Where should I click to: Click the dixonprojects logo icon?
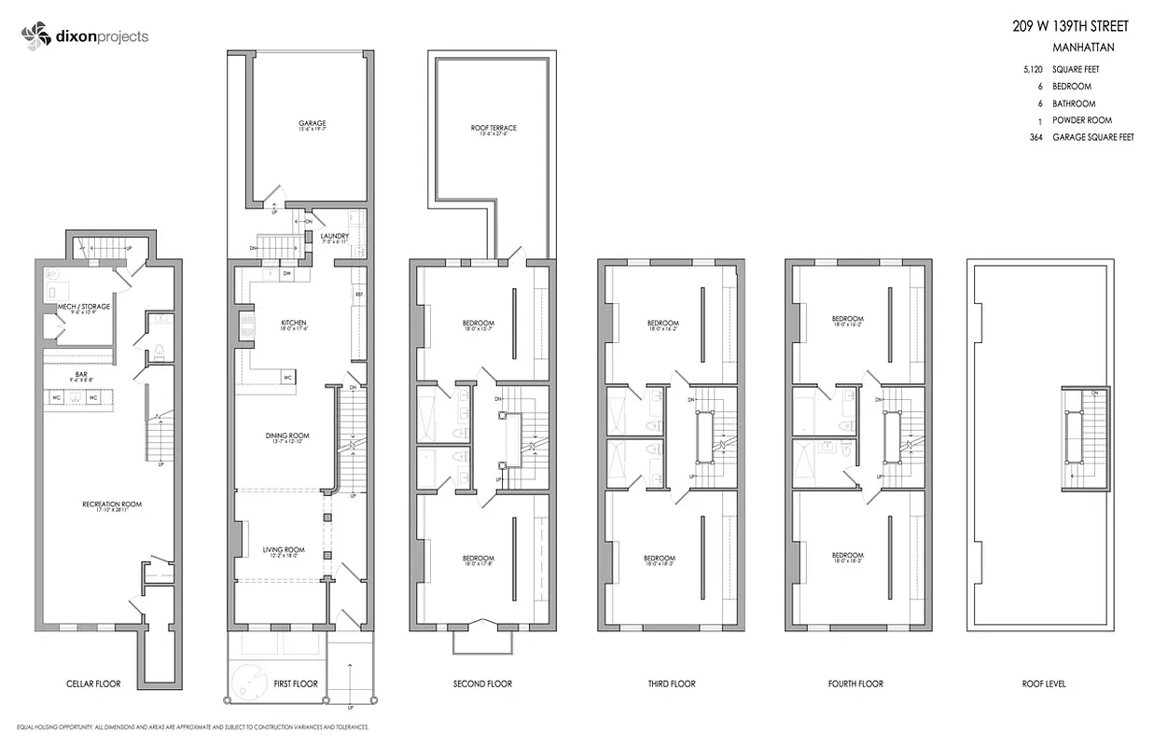click(35, 36)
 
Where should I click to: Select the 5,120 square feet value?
click(1033, 70)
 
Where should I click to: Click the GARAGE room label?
click(312, 123)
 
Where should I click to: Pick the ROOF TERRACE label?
click(494, 128)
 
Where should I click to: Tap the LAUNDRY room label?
click(334, 236)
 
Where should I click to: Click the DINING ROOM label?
click(286, 435)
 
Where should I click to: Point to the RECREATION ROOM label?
click(111, 504)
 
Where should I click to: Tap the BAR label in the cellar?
click(81, 375)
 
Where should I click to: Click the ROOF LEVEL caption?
click(1043, 684)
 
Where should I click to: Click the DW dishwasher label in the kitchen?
click(287, 274)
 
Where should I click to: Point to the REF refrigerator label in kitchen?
click(358, 296)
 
